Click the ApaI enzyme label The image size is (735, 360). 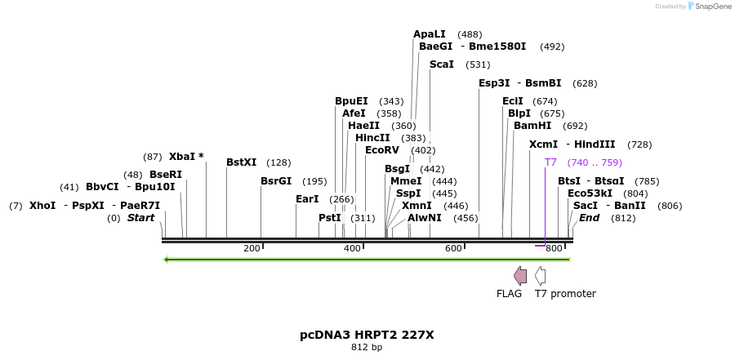tap(430, 34)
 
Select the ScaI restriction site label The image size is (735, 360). tap(441, 64)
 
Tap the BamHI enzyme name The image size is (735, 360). tap(532, 126)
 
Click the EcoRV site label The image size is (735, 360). tap(382, 150)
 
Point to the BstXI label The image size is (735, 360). tap(241, 162)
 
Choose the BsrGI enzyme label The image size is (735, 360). tap(275, 181)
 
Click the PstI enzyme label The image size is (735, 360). tap(330, 218)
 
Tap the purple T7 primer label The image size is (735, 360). tap(550, 162)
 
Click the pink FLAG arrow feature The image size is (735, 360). tap(520, 276)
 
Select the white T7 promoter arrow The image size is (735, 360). tap(541, 276)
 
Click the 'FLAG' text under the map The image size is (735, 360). tap(509, 294)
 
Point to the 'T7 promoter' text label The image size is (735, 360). tap(565, 294)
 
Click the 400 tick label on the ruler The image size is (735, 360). tap(352, 248)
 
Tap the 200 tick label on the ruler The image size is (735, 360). tap(252, 248)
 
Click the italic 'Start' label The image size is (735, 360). tap(140, 218)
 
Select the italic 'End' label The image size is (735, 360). tap(589, 218)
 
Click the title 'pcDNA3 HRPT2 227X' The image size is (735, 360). tap(367, 335)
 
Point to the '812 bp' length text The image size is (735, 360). tap(367, 348)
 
